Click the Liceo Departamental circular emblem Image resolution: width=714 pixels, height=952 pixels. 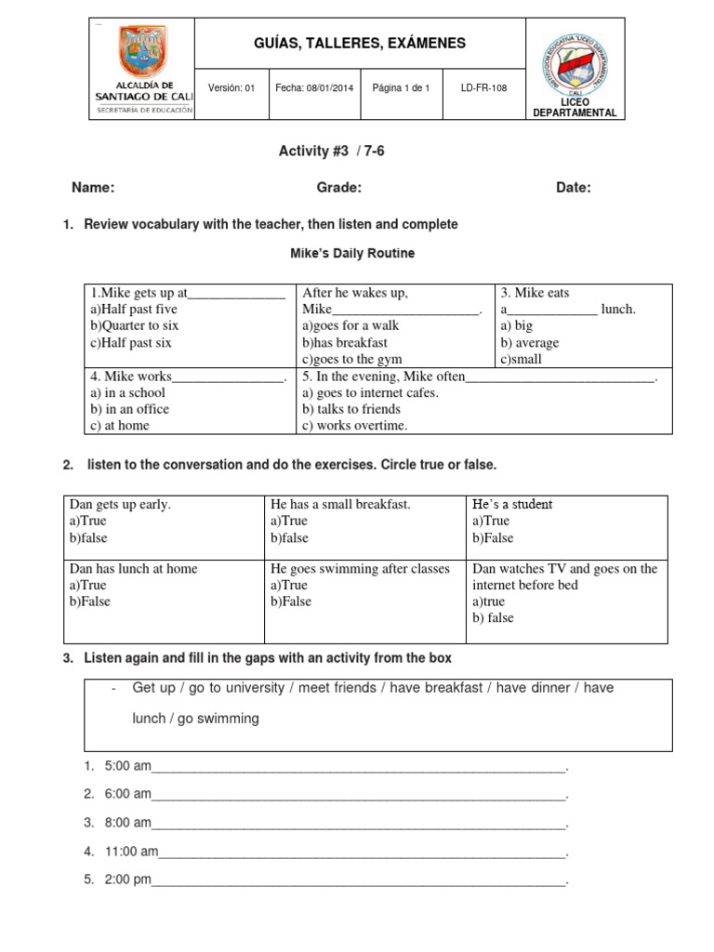point(574,62)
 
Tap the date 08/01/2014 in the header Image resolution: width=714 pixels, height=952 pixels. point(314,88)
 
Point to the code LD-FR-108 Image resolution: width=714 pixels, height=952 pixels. point(484,88)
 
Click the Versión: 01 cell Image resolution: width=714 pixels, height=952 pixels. point(231,88)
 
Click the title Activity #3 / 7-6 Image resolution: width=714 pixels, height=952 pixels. point(331,152)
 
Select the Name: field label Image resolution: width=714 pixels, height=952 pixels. point(93,188)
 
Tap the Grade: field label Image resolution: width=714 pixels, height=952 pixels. point(338,188)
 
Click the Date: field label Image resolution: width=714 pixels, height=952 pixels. point(573,188)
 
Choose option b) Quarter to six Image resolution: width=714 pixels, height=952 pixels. point(135,325)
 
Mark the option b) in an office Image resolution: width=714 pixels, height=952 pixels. point(129,409)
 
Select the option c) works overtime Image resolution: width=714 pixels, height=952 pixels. point(354,426)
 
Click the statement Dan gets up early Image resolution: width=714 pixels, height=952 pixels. point(120,505)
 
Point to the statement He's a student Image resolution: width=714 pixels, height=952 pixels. point(512,505)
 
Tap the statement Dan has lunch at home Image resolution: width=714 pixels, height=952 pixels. point(133,568)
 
